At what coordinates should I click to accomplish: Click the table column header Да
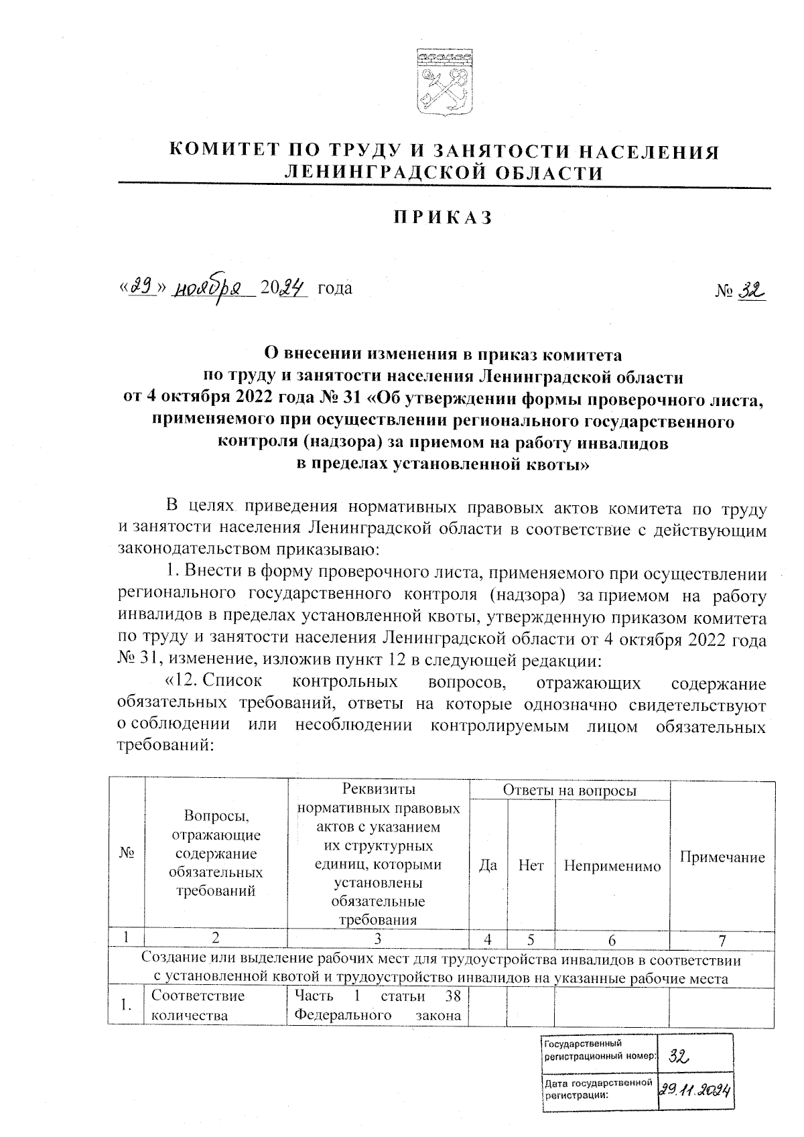[x=488, y=865]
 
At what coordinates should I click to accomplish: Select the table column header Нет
[x=531, y=865]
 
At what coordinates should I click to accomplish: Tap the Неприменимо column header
[x=612, y=866]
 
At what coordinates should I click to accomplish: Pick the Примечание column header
[x=722, y=857]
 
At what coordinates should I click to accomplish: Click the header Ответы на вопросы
[x=569, y=791]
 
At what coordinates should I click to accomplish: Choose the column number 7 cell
[x=722, y=939]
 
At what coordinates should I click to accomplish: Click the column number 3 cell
[x=379, y=939]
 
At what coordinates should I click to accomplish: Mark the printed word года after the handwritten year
[x=334, y=289]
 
